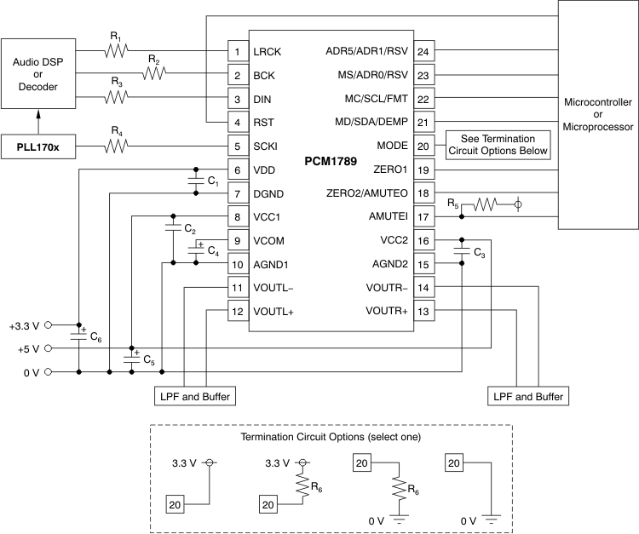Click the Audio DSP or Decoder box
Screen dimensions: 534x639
coord(37,72)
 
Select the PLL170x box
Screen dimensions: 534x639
coord(37,146)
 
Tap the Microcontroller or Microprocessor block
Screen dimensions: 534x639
coord(598,114)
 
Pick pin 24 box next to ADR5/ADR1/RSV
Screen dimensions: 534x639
coord(423,52)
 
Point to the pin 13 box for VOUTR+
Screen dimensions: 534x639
coord(423,311)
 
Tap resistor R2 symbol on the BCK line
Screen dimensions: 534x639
coord(155,75)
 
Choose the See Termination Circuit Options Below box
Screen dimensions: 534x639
coord(498,146)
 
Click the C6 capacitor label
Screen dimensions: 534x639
coord(96,339)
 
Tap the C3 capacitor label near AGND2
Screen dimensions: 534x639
coord(480,255)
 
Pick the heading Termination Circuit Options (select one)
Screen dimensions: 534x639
coord(331,438)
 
